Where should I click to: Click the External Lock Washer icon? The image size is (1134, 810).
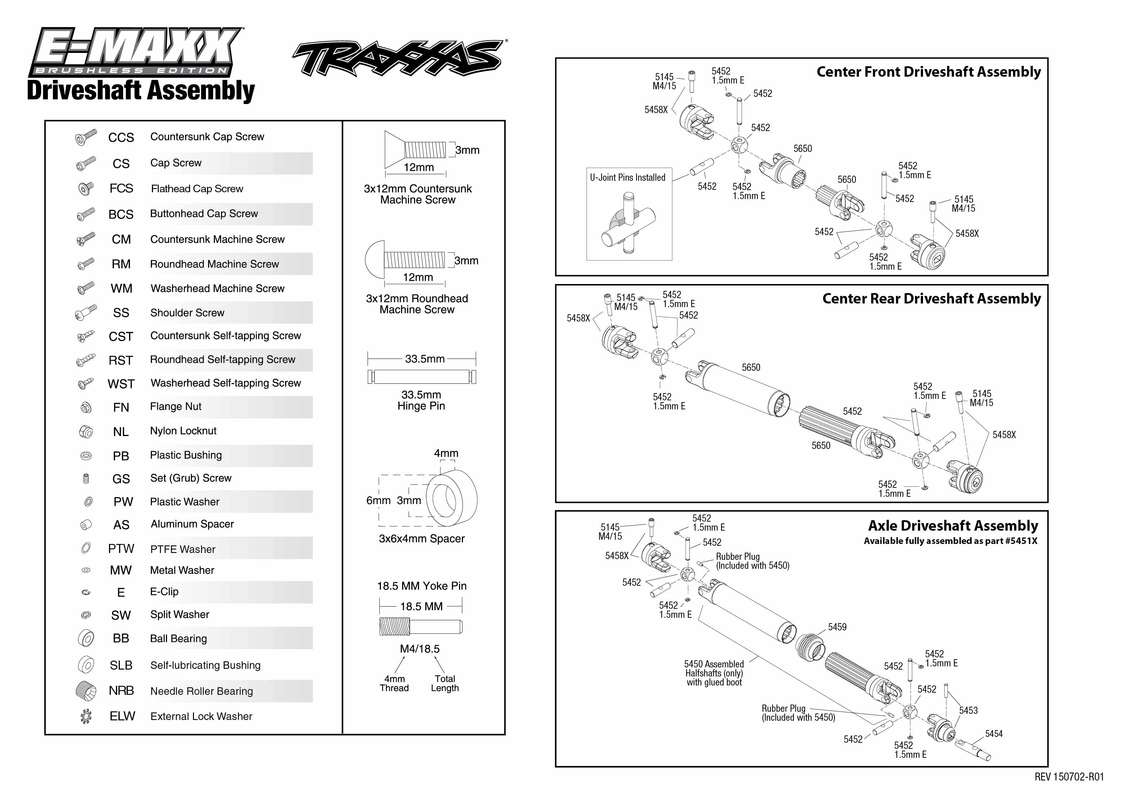(x=86, y=716)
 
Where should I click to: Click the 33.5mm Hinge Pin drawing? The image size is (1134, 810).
(x=422, y=377)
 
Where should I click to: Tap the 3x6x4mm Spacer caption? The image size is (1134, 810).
(x=422, y=539)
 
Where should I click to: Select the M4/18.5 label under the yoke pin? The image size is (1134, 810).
(x=419, y=649)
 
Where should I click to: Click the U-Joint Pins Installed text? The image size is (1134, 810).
(x=627, y=177)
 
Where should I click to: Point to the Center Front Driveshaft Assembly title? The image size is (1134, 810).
(x=928, y=72)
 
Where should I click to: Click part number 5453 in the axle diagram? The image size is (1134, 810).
(x=968, y=710)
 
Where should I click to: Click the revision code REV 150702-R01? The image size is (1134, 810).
(x=1069, y=777)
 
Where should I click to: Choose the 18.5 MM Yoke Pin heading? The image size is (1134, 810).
(x=422, y=586)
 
